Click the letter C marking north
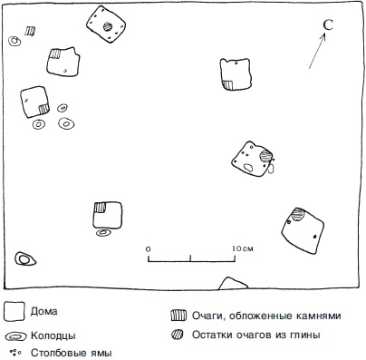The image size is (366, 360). [328, 24]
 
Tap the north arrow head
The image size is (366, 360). [323, 35]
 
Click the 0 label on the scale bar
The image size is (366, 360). [148, 249]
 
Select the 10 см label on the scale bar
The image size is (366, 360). [243, 248]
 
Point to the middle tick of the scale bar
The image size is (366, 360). [190, 258]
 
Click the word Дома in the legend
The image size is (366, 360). [43, 311]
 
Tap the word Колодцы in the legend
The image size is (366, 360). [53, 336]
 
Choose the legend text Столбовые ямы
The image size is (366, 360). [72, 353]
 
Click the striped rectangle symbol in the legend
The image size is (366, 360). [178, 316]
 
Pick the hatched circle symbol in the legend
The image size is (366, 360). [178, 335]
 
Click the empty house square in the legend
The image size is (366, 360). [14, 311]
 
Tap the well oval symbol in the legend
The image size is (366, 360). [16, 336]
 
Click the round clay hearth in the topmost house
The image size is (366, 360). [108, 26]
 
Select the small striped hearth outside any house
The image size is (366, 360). [30, 31]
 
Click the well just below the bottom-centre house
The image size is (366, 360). [103, 232]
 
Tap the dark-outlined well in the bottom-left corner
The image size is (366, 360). [25, 259]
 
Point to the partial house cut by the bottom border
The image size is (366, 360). [233, 284]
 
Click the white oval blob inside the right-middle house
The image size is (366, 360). [248, 168]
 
